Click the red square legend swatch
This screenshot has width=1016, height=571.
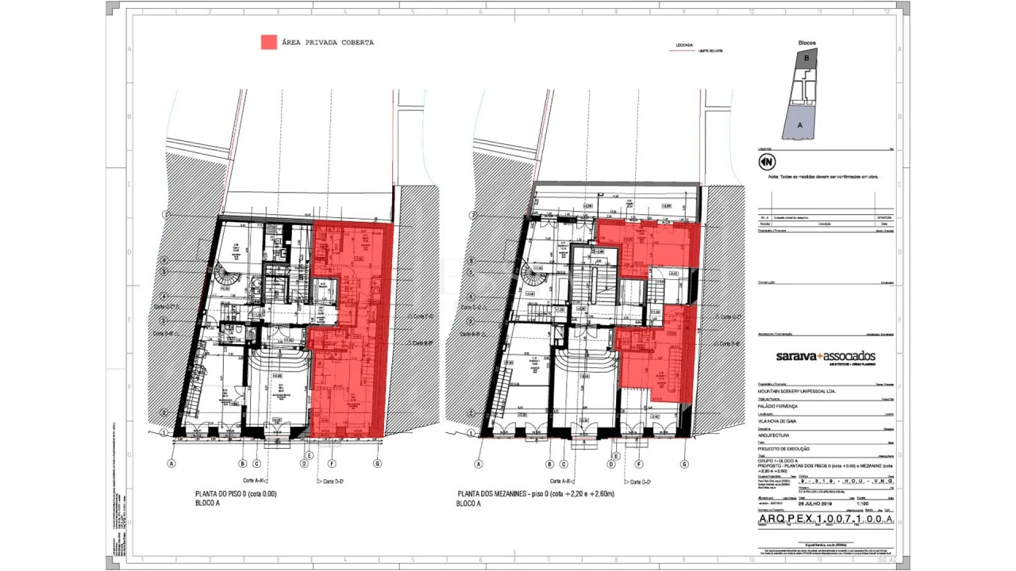pos(269,42)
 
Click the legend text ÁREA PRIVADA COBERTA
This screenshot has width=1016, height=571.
pos(327,43)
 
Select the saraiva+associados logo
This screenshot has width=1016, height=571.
pos(825,357)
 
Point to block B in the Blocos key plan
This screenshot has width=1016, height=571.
pos(806,58)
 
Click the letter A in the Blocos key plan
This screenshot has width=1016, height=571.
pos(800,125)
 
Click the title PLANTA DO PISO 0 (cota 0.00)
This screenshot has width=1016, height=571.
pos(236,494)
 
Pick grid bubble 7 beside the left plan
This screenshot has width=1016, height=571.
pos(167,215)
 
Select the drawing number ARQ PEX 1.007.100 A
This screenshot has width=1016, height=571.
pos(825,519)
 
